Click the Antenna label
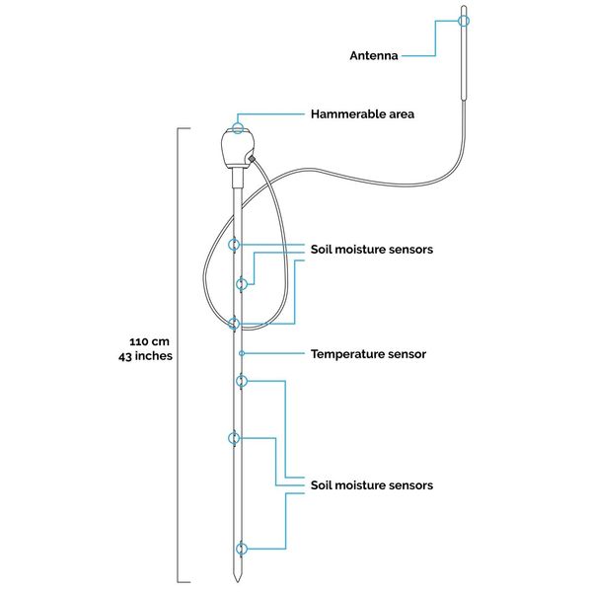pyautogui.click(x=373, y=56)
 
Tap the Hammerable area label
pyautogui.click(x=362, y=114)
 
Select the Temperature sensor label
pyautogui.click(x=368, y=354)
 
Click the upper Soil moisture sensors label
pyautogui.click(x=372, y=250)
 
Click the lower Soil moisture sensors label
pyautogui.click(x=372, y=485)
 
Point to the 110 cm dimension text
pyautogui.click(x=150, y=341)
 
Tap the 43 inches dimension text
pyautogui.click(x=145, y=356)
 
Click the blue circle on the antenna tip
pyautogui.click(x=464, y=21)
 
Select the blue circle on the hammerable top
pyautogui.click(x=237, y=128)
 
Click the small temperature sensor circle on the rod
pyautogui.click(x=242, y=353)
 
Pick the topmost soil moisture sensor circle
pyautogui.click(x=234, y=245)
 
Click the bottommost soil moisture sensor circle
pyautogui.click(x=242, y=549)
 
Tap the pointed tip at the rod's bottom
pyautogui.click(x=237, y=581)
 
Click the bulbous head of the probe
pyautogui.click(x=237, y=148)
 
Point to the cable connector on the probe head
pyautogui.click(x=252, y=159)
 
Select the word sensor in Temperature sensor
pyautogui.click(x=407, y=354)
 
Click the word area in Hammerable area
pyautogui.click(x=402, y=114)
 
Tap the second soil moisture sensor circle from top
pyautogui.click(x=242, y=284)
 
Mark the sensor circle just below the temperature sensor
pyautogui.click(x=242, y=381)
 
